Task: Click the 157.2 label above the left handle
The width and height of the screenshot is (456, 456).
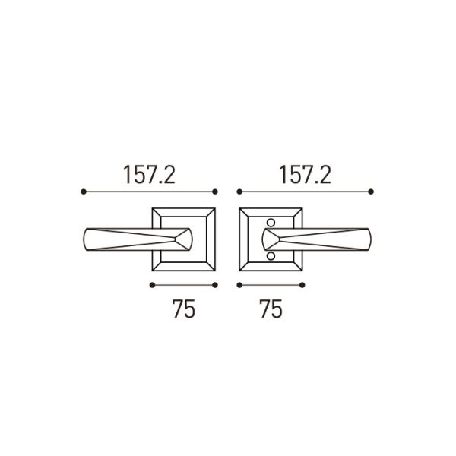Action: coord(149,176)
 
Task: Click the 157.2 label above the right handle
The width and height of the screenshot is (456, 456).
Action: coord(304,176)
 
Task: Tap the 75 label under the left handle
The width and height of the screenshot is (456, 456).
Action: coord(183,309)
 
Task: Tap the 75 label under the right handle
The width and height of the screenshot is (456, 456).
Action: coord(271,309)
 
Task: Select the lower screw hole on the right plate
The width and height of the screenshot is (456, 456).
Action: coord(271,257)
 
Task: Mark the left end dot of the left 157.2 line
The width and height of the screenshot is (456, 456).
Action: coord(82,192)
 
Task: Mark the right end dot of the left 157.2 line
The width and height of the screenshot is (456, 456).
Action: coord(216,192)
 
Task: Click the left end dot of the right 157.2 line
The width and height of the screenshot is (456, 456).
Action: coord(239,192)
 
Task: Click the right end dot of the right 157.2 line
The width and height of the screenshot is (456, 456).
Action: coord(372,192)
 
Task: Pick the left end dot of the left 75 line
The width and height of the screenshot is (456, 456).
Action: coord(152,285)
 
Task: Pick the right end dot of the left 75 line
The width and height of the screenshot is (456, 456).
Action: coord(216,285)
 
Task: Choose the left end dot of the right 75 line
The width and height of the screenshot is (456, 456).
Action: coord(239,285)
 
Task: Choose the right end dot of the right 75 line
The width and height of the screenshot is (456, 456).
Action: coord(302,285)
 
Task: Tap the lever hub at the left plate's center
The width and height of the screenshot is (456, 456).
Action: coord(185,240)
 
